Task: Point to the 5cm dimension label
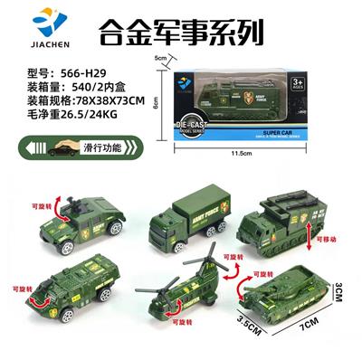point(161,59)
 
